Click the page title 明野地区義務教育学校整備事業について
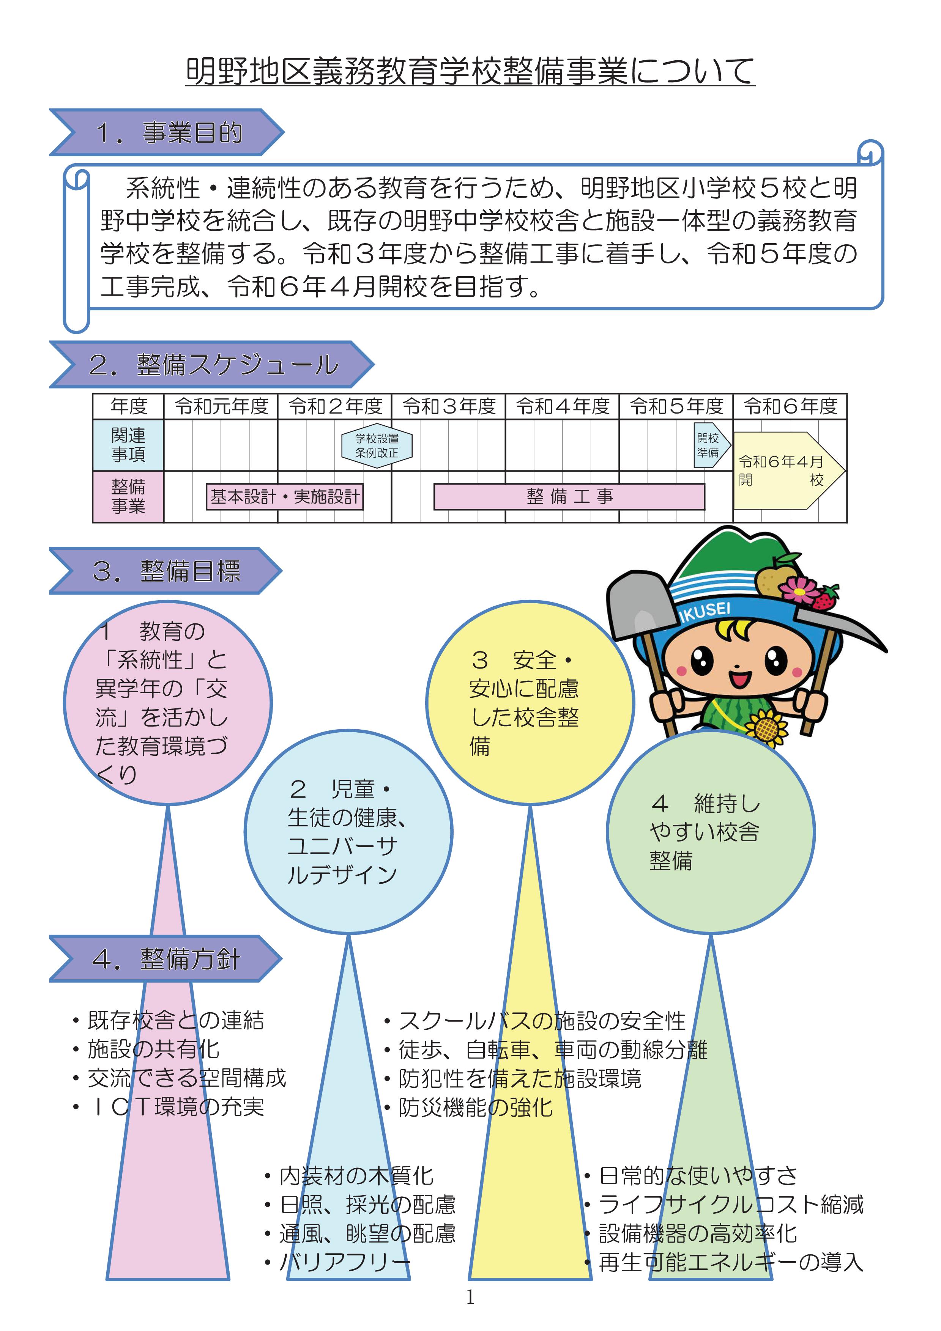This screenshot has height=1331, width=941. click(470, 71)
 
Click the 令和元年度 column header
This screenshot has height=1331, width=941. click(221, 406)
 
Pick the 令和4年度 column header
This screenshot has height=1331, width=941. click(563, 406)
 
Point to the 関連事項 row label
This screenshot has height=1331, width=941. click(128, 445)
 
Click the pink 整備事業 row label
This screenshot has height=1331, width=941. click(128, 496)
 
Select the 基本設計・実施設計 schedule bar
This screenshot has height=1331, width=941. click(285, 497)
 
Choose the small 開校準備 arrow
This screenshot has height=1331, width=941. click(710, 445)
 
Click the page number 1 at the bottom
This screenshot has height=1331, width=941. click(470, 1297)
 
